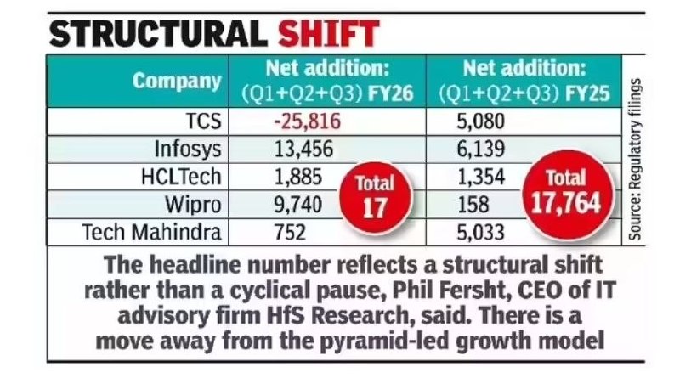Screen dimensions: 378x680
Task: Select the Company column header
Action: [x=177, y=82]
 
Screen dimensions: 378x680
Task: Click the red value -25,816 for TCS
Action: [x=307, y=121]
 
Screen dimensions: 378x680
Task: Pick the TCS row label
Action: [x=203, y=121]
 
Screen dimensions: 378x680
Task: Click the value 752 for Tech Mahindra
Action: [x=289, y=230]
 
